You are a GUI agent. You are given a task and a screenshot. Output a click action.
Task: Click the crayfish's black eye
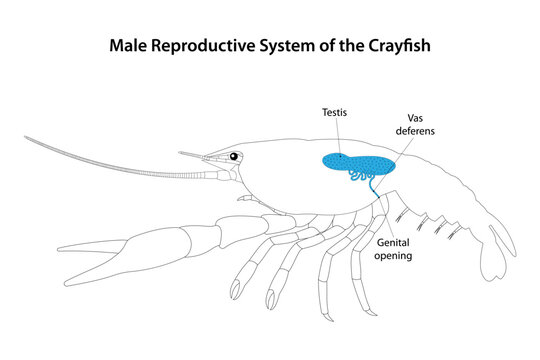pos(234,157)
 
